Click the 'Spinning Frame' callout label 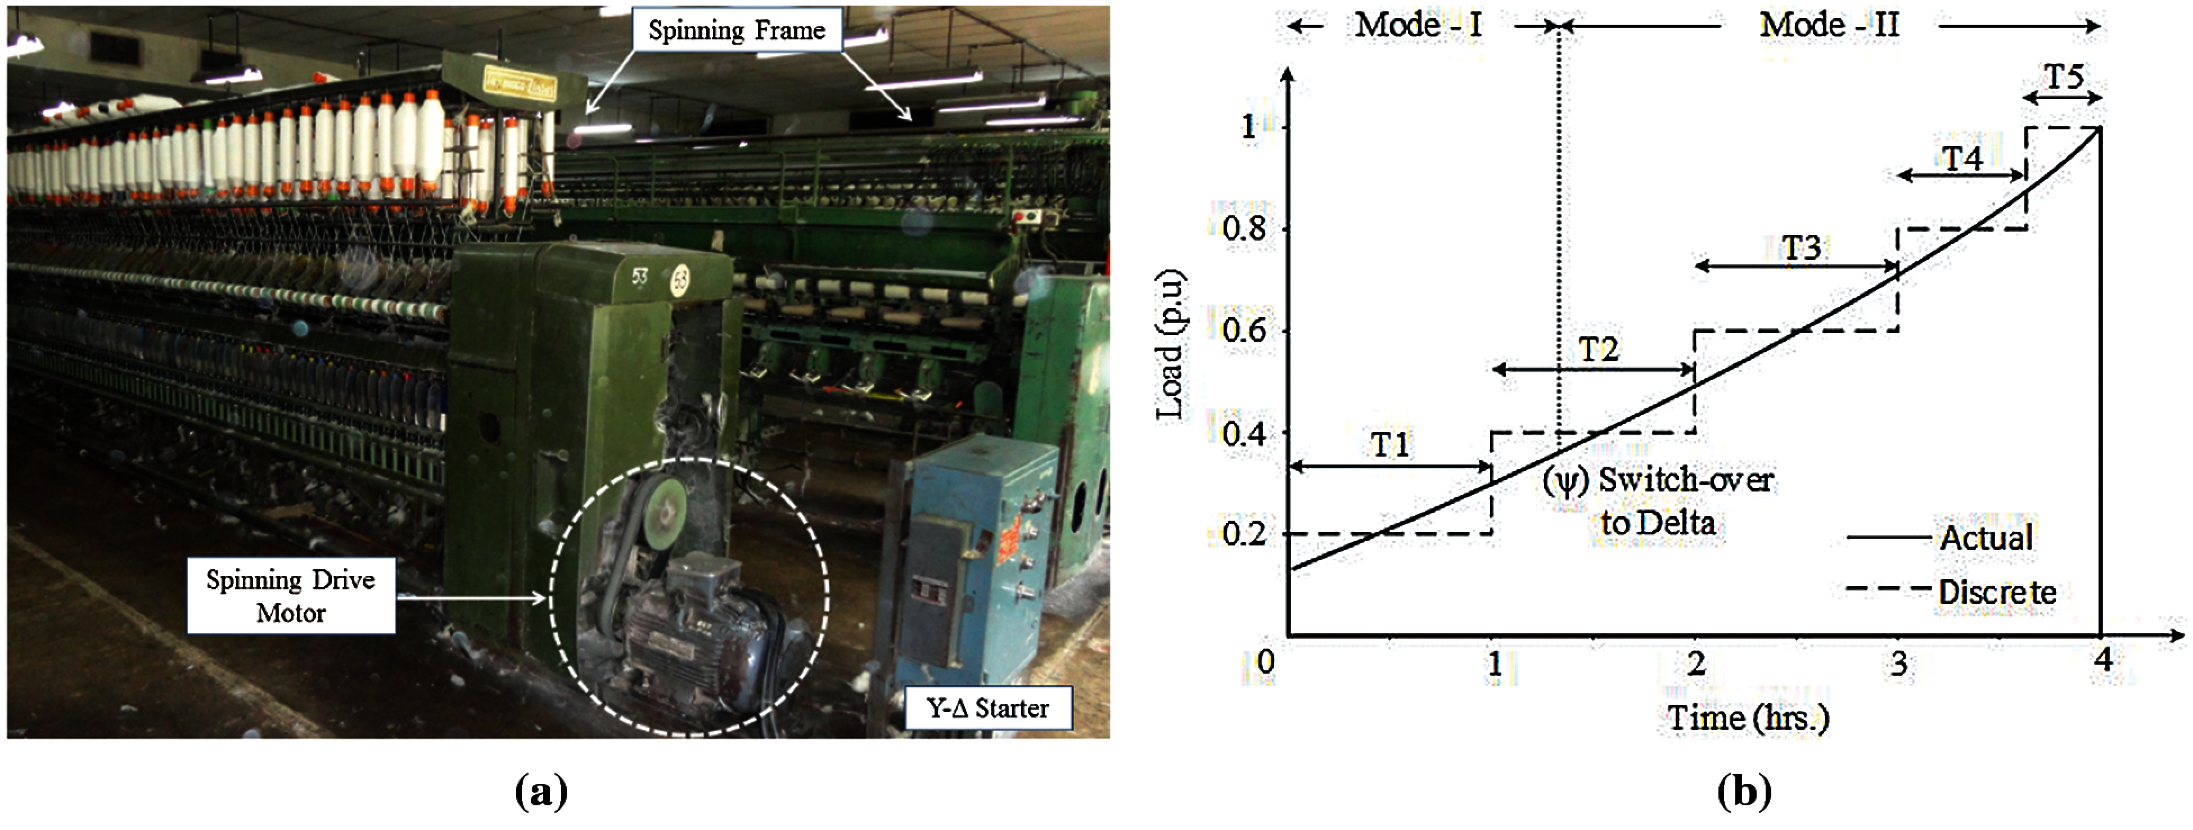[737, 30]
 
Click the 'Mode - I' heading [1418, 25]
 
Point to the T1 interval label [1390, 444]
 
